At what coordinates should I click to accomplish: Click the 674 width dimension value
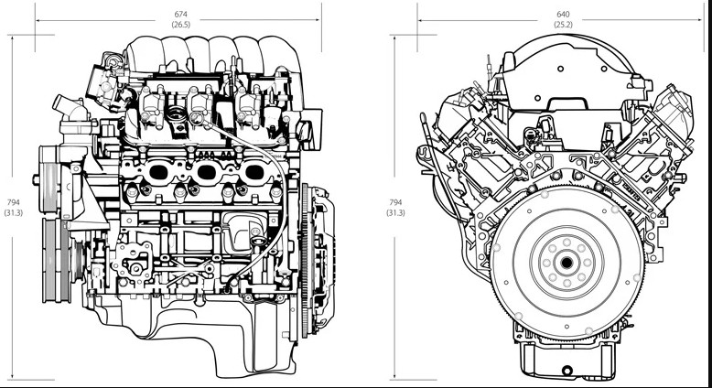point(180,14)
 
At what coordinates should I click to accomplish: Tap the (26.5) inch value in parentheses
point(180,25)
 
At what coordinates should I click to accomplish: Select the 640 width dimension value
point(562,14)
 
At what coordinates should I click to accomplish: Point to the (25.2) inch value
point(562,25)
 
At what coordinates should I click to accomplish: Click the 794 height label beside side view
point(13,201)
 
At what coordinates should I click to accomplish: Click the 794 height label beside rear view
point(395,201)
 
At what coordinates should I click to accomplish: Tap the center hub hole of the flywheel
point(566,264)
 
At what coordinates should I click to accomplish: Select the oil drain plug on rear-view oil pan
point(567,370)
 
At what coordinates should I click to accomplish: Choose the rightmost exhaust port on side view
point(252,171)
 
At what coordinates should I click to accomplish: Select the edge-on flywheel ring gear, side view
point(305,261)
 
